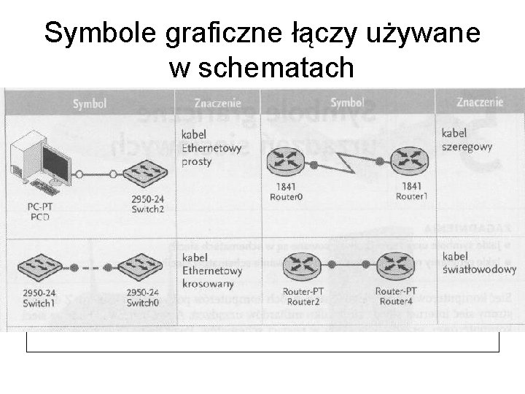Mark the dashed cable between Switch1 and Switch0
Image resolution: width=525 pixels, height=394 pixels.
[x=89, y=266]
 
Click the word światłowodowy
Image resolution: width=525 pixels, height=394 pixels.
[x=479, y=269]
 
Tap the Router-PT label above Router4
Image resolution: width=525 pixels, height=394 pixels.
[x=395, y=291]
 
